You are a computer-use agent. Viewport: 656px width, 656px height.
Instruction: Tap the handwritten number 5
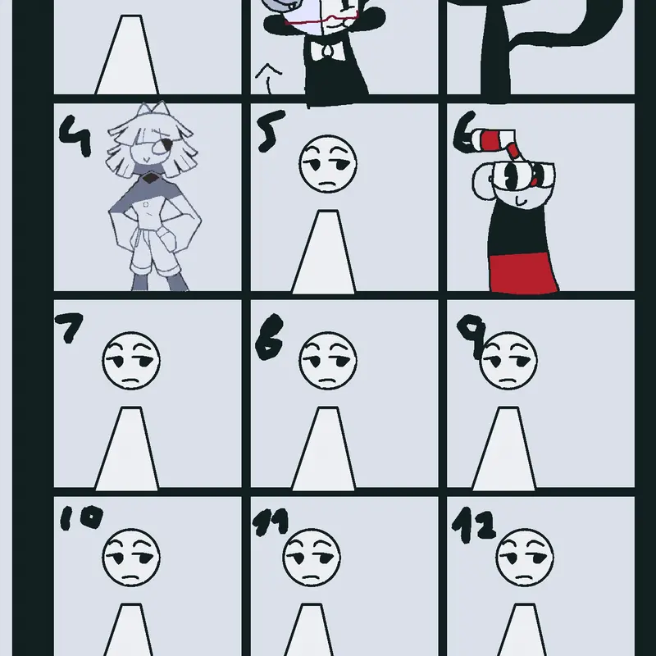coord(271,131)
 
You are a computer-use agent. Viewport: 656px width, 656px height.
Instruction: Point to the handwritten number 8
coord(270,337)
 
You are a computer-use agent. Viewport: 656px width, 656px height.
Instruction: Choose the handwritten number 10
coord(81,518)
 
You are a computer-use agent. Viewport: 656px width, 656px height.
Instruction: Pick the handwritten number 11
coord(271,522)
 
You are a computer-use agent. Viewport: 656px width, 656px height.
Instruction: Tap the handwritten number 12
coord(474,525)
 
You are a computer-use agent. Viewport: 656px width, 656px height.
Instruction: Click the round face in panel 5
coord(328,163)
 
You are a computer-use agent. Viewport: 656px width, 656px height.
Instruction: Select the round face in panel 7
coord(131,361)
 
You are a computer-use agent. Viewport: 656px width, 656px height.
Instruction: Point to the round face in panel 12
coord(525,558)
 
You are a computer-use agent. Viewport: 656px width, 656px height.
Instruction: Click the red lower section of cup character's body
coord(524,272)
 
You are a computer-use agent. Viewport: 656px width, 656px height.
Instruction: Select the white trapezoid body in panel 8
coord(323,448)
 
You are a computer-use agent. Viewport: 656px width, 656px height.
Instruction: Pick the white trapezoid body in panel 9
coord(504,448)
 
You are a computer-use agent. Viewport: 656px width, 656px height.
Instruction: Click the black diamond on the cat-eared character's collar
coord(149,180)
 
